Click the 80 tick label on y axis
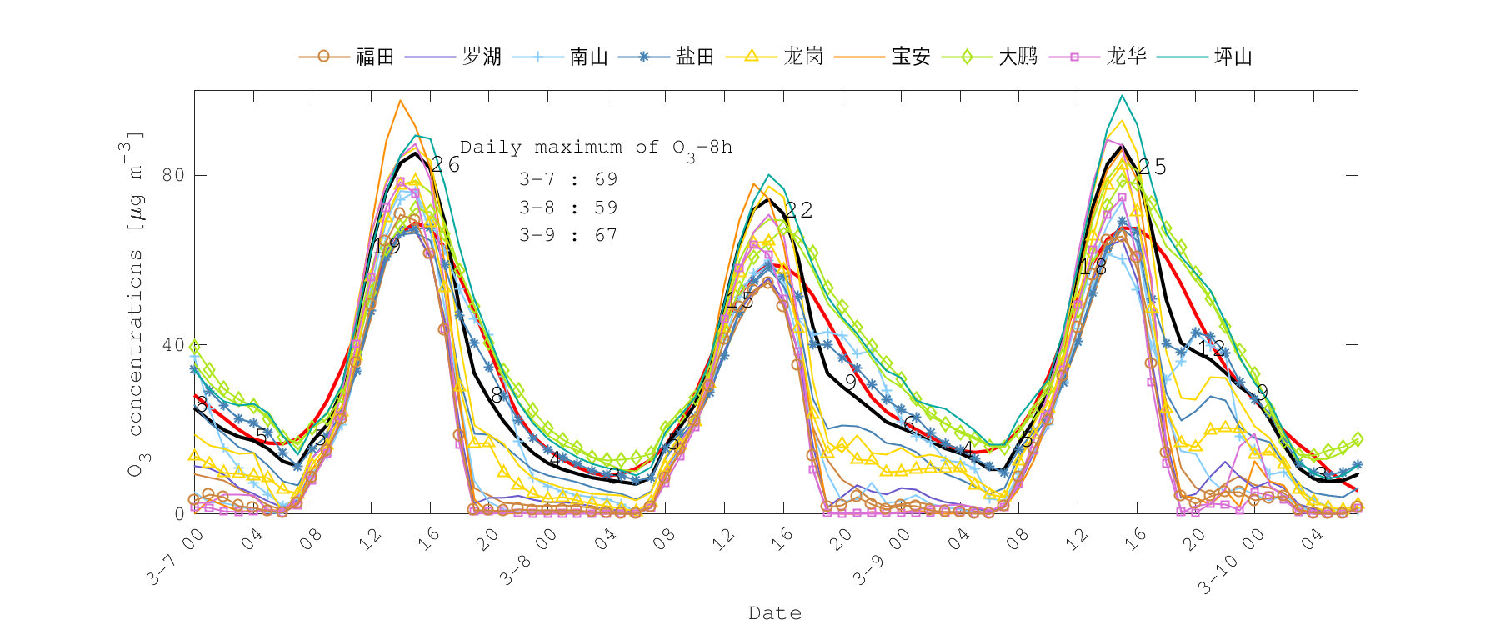click(172, 175)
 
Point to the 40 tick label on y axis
click(172, 344)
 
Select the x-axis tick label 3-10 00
click(1230, 562)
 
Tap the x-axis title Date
click(775, 613)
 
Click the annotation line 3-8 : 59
click(568, 207)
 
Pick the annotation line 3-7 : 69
click(568, 179)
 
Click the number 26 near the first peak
click(446, 164)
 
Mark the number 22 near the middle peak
click(798, 210)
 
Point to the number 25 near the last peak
click(1152, 167)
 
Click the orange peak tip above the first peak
click(400, 101)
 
